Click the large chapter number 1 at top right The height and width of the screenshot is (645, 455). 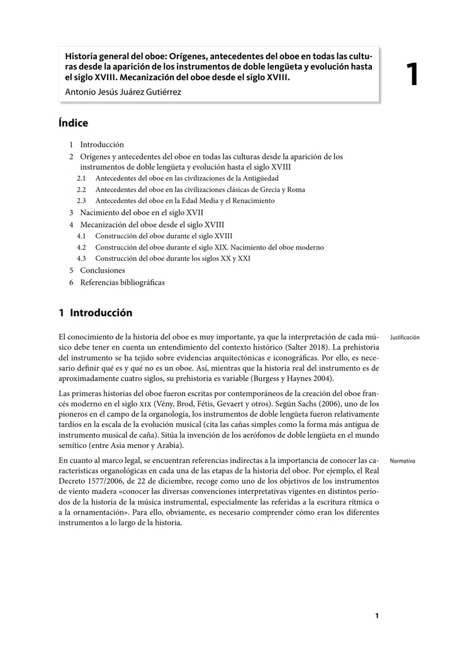click(x=412, y=75)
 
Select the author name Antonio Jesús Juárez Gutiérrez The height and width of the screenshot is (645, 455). click(x=123, y=93)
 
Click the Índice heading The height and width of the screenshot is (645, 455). click(x=73, y=123)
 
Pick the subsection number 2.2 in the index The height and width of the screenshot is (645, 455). click(x=81, y=190)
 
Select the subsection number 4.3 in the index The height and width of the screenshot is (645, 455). click(x=81, y=258)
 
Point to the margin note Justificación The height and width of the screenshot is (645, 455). click(x=405, y=338)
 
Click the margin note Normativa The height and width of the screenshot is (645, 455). click(x=402, y=461)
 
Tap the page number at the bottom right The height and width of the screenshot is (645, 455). click(x=376, y=615)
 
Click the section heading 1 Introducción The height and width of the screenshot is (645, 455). click(x=95, y=313)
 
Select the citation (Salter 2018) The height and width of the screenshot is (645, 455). click(x=306, y=347)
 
